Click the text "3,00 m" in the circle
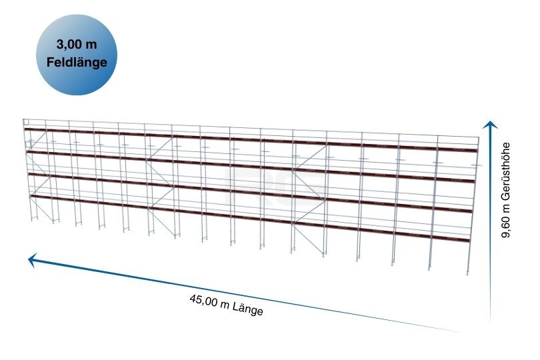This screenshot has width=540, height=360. tap(77, 45)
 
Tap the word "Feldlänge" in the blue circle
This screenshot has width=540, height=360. tap(77, 63)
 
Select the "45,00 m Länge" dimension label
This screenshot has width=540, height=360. tap(226, 305)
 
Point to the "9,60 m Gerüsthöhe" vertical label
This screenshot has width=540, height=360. tap(505, 190)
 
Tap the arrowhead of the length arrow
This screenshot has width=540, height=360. tap(32, 259)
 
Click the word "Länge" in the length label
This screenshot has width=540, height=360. tap(247, 309)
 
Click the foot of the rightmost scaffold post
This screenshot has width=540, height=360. tap(468, 273)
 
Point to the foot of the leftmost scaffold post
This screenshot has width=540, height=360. tap(32, 219)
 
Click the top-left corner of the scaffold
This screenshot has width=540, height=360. tap(23, 119)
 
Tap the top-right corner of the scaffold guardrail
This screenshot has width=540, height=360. tap(479, 137)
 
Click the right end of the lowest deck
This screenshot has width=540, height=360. tap(470, 240)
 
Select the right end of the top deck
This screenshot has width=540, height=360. tap(477, 150)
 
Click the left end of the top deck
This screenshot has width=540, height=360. tap(25, 129)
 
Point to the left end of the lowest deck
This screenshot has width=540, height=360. tap(31, 197)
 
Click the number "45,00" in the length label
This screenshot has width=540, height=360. tap(203, 301)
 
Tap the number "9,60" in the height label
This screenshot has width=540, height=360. tap(505, 228)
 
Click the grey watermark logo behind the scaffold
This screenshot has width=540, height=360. tap(275, 186)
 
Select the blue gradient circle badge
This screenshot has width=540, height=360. tap(77, 55)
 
